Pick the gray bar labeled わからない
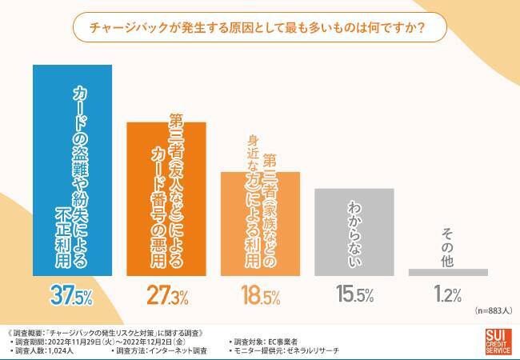coord(354,232)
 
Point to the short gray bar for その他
coord(447,272)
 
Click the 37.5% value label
coord(71,296)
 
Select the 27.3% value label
coord(166,296)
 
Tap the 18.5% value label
coord(260,296)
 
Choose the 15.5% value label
coord(354,296)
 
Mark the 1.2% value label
coord(447,296)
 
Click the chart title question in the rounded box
coord(260,29)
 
